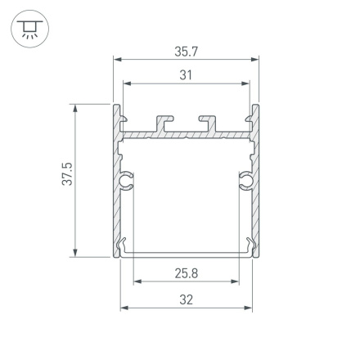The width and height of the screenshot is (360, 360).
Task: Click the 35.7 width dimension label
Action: click(x=186, y=51)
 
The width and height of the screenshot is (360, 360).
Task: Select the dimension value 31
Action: click(x=186, y=75)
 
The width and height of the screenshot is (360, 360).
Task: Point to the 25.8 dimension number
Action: click(x=186, y=272)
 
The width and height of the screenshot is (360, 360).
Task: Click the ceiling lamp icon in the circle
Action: click(x=29, y=30)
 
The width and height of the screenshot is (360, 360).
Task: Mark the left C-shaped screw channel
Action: click(x=127, y=180)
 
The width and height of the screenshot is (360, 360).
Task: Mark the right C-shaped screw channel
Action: click(x=245, y=180)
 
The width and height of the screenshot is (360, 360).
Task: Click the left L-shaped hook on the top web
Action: click(x=164, y=124)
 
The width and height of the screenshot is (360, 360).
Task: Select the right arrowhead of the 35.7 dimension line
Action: click(x=256, y=60)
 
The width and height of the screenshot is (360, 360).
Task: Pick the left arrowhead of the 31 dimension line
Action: click(x=126, y=83)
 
